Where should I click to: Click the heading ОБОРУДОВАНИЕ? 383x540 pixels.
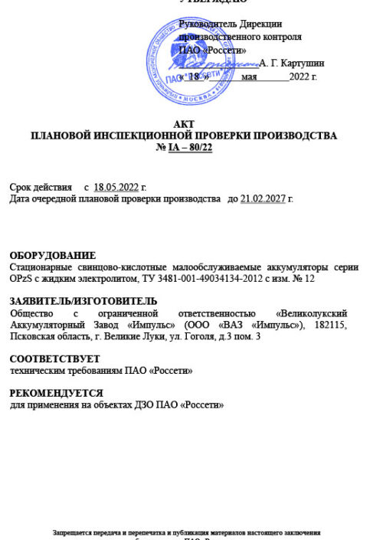coord(52,255)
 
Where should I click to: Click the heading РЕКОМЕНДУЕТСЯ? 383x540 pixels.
coord(54,392)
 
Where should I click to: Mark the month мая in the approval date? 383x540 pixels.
coord(249,77)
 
